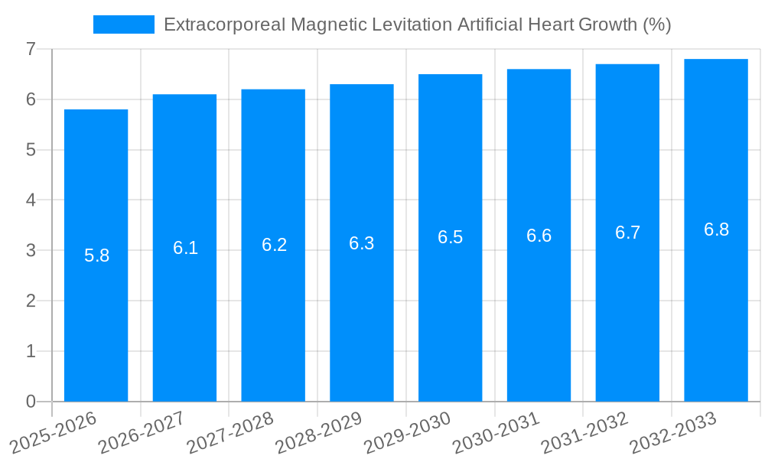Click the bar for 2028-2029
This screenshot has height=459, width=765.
[x=362, y=306]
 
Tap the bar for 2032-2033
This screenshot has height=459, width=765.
[x=716, y=306]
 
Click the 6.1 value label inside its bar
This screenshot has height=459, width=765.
[x=185, y=248]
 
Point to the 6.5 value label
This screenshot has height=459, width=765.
[x=450, y=237]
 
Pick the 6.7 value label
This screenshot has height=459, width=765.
[x=627, y=233]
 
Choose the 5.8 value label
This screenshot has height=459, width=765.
[x=96, y=256]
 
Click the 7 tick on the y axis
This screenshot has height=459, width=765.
[x=31, y=49]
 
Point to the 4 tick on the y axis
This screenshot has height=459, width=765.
[x=31, y=200]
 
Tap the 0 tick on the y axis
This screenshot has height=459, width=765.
[x=31, y=402]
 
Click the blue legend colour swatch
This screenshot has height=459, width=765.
[x=123, y=24]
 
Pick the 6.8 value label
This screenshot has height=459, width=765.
[x=716, y=229]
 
